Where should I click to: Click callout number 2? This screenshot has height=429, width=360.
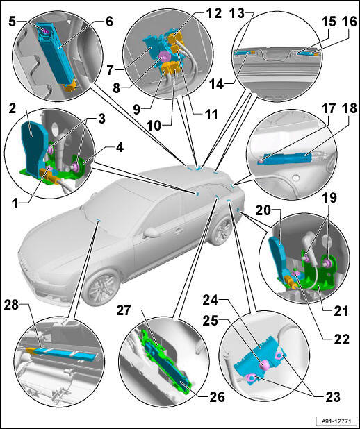coord(12,110)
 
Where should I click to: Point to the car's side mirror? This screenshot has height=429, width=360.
coord(150,233)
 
